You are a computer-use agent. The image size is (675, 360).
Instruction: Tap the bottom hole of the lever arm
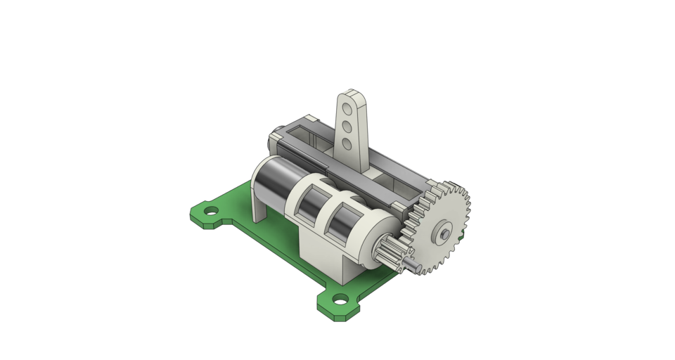point(347,145)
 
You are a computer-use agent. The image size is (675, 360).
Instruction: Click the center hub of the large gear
point(444,231)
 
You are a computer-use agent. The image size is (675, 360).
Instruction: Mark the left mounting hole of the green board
point(209,211)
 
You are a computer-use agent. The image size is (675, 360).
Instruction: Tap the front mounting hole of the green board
point(341,300)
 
